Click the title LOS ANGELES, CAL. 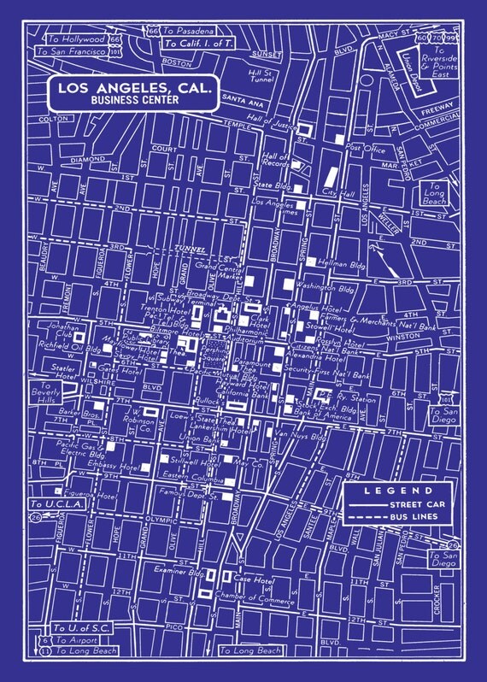[x=133, y=87]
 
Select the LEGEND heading [x=397, y=491]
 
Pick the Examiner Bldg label [x=175, y=567]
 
